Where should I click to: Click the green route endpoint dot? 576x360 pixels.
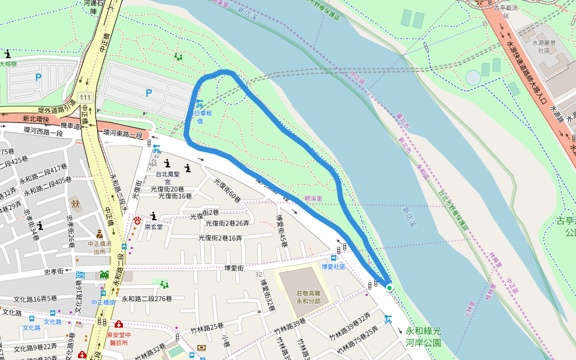pos(389,289)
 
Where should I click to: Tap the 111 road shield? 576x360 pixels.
pos(85,97)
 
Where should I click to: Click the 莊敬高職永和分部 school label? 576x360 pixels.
pos(308,297)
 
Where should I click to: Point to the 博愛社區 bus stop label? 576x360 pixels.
pos(334,266)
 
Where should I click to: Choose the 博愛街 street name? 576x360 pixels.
pos(235,268)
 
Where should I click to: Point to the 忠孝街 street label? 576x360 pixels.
pos(55,271)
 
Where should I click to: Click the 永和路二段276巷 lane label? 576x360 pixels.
pos(147,299)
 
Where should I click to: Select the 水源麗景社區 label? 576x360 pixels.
pos(544,47)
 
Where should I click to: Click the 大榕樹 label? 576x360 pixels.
pos(8,64)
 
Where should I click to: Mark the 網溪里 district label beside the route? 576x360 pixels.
pos(313,199)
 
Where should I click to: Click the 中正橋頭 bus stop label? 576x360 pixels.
pos(103,302)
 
